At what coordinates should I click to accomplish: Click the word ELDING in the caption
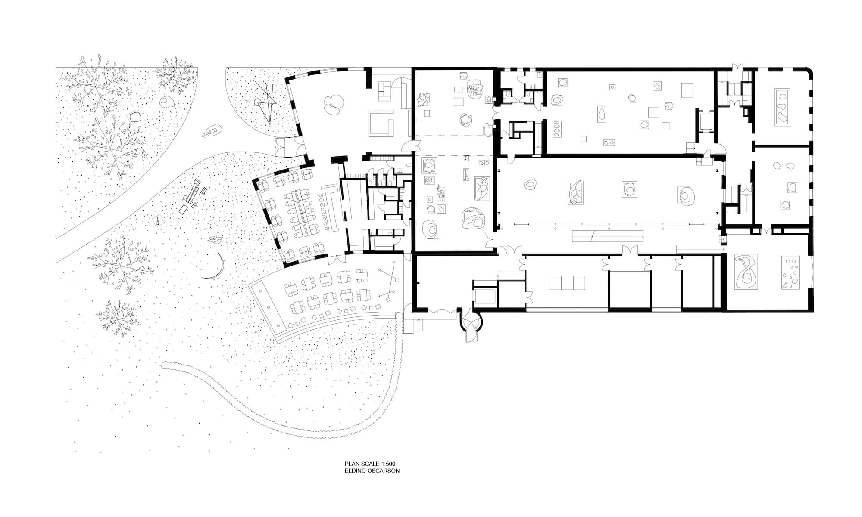coord(353,471)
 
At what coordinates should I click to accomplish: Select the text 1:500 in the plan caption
coord(388,464)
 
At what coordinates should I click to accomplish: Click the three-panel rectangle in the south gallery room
coord(567,283)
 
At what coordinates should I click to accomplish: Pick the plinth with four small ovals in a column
coord(557,128)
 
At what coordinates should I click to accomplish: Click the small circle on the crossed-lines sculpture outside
coord(257,102)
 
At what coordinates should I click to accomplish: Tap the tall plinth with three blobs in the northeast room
coord(782,107)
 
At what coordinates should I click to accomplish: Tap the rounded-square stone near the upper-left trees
coord(136,117)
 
